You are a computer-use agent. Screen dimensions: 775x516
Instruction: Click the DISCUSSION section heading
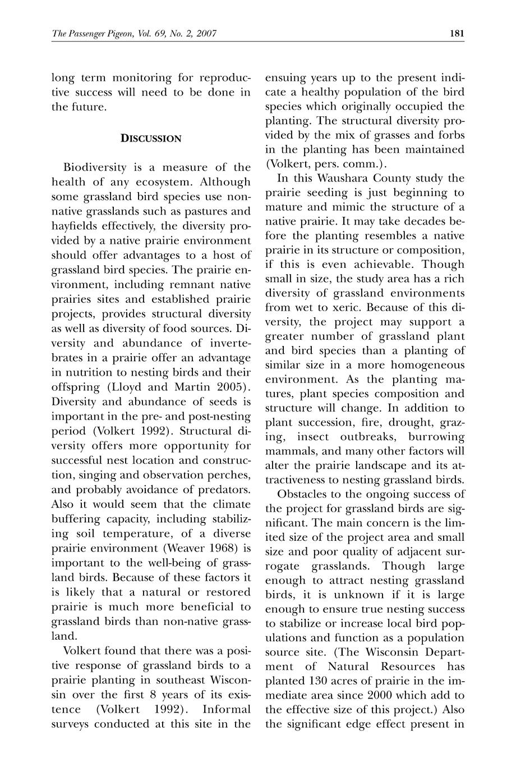coord(151,138)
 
